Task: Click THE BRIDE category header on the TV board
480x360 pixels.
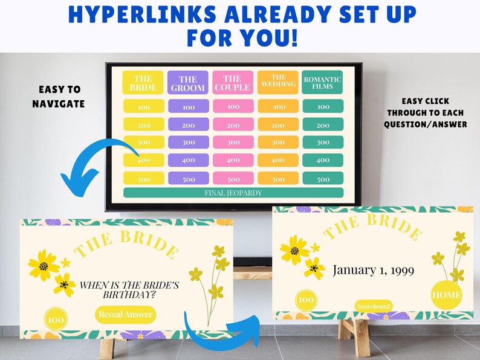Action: coord(143,83)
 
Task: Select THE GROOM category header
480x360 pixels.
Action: coord(188,83)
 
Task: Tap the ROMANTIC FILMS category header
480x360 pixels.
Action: coord(323,83)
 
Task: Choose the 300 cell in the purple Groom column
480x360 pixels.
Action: coord(188,143)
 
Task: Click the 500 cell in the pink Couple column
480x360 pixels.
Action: coord(233,179)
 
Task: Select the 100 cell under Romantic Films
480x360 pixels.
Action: coord(323,107)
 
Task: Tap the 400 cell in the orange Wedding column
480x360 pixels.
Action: coord(278,161)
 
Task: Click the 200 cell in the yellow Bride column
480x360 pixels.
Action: coord(143,125)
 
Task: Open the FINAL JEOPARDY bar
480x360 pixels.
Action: coord(233,193)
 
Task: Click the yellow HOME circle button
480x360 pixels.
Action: coord(447,295)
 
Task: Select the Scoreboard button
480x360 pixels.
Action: coord(374,306)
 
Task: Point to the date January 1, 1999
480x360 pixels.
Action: coord(374,269)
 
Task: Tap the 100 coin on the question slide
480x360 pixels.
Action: coord(56,319)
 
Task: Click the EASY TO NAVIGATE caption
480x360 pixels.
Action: coord(58,97)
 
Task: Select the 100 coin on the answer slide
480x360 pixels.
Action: coord(306,299)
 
